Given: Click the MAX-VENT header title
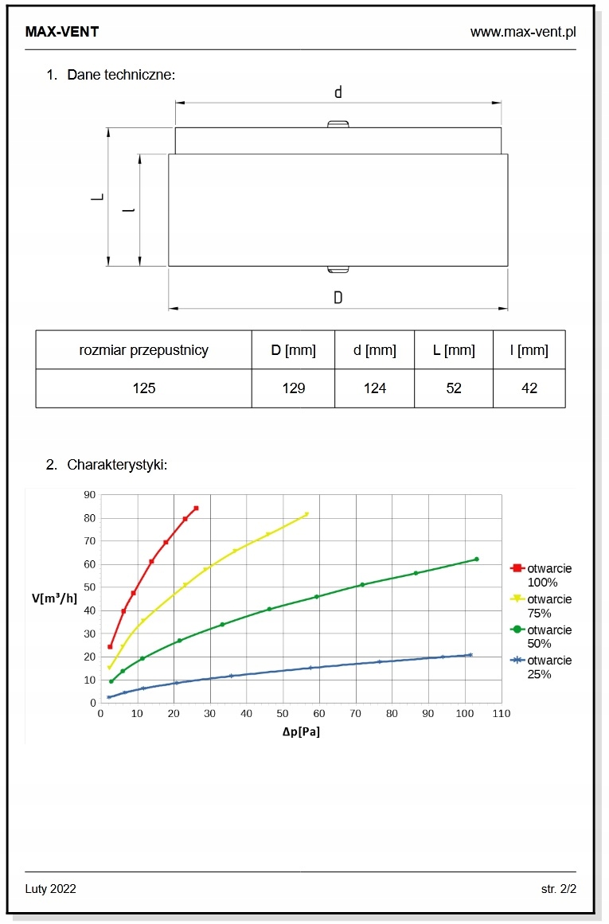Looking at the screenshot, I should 62,32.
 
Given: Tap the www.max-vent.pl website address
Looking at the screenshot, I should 522,32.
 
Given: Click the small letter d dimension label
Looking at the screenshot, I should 338,92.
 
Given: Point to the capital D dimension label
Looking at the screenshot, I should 338,298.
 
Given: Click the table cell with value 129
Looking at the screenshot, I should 293,388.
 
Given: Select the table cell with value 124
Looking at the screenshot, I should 374,388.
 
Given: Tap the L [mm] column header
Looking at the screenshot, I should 454,350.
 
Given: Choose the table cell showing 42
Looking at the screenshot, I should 529,388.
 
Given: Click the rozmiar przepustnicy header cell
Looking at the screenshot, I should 143,350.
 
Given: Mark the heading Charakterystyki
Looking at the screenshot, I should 117,465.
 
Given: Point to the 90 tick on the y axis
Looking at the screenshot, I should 88,495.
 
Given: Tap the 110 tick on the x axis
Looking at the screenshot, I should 502,714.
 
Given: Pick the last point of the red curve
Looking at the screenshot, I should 196,508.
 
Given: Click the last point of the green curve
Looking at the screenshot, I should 476,559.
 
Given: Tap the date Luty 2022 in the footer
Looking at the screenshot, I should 51,888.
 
